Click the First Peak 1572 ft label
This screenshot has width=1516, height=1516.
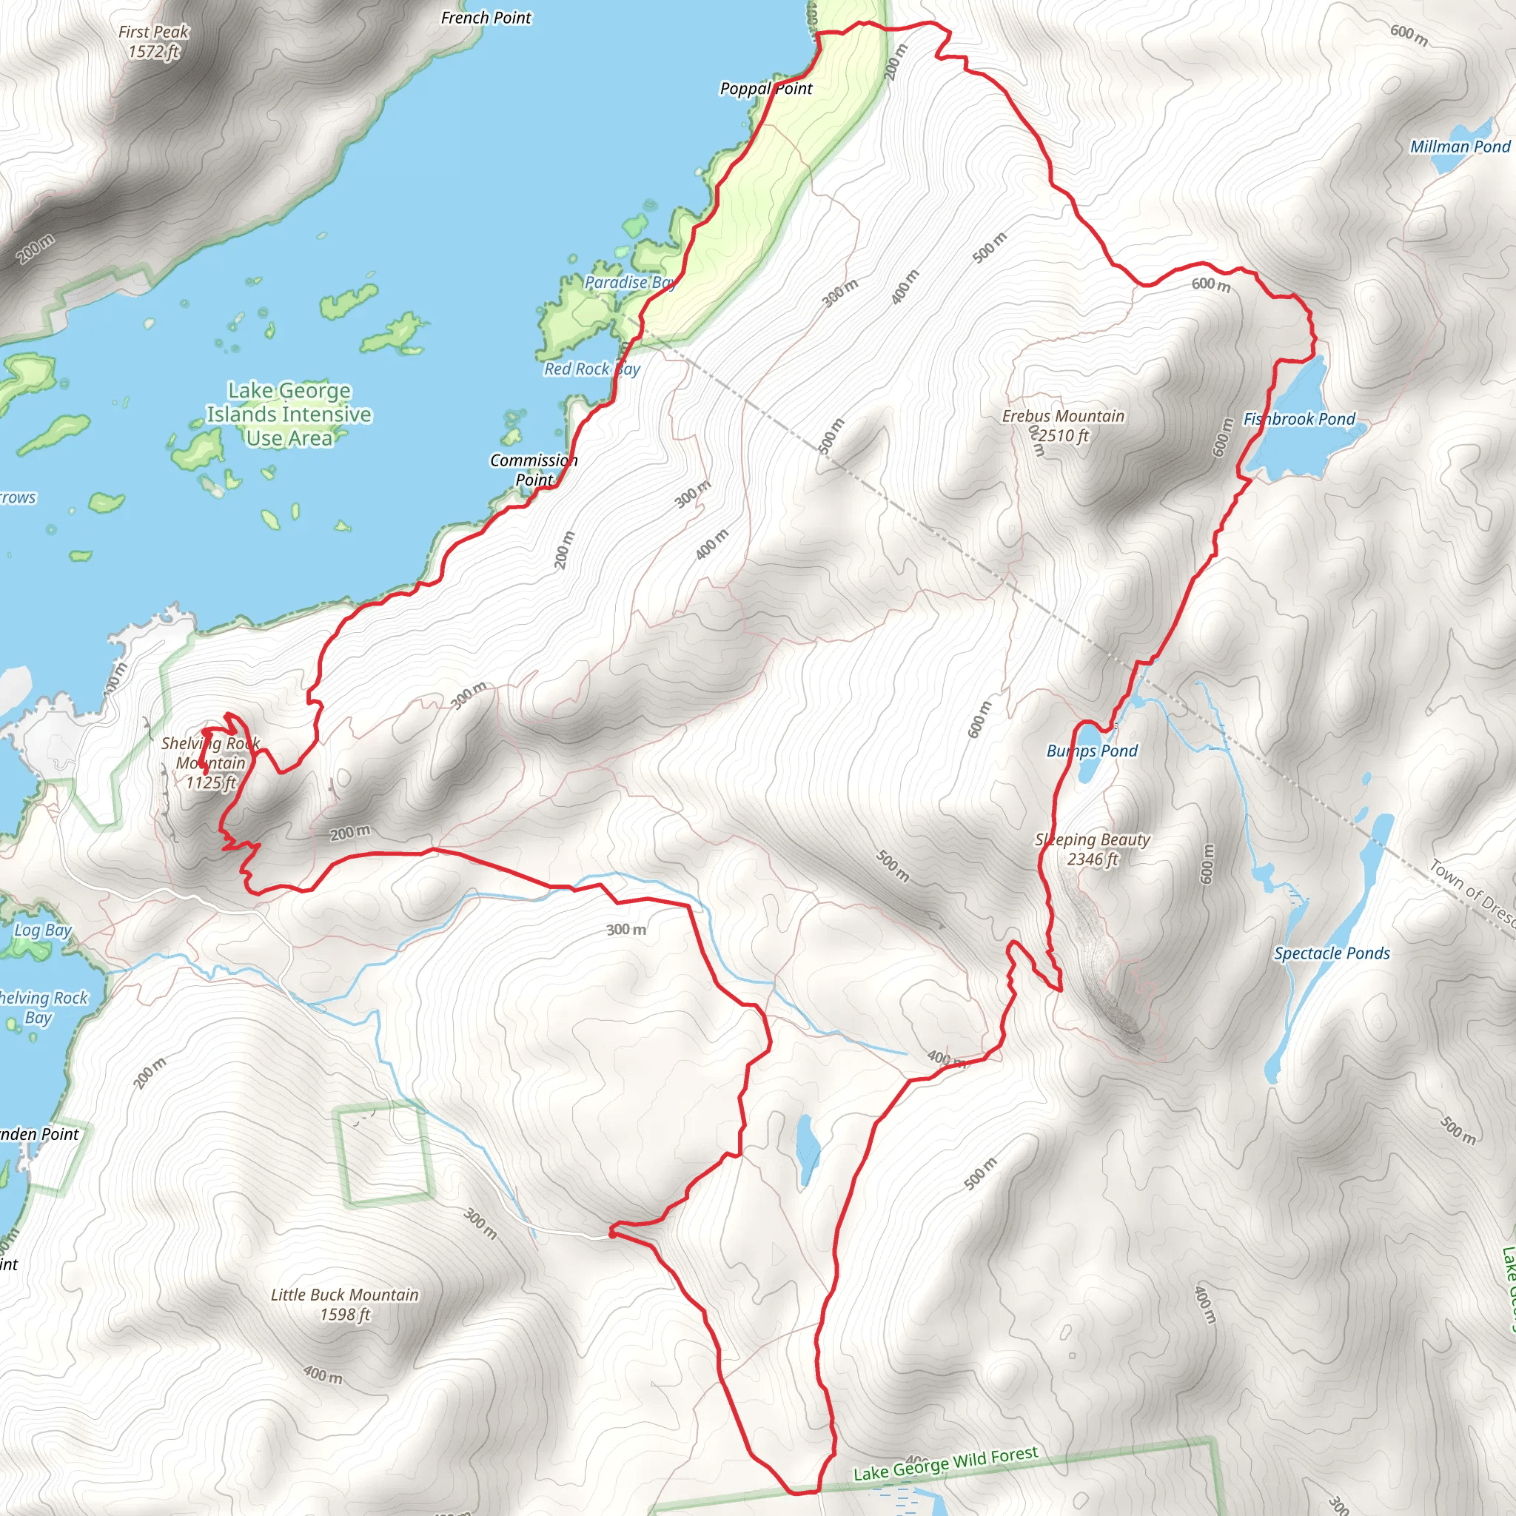(153, 41)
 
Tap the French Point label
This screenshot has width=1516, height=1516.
(486, 17)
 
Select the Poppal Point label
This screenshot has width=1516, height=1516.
(766, 89)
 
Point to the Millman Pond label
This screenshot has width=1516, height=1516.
(1460, 147)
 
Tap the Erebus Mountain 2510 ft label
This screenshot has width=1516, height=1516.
(1062, 426)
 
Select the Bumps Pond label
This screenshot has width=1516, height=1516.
(1092, 751)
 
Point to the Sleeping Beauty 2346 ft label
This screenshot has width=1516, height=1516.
(1093, 849)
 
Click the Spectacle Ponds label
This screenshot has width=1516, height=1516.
(1332, 953)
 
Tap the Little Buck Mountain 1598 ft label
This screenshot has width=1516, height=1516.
(344, 1304)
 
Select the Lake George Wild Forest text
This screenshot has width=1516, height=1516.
(945, 1463)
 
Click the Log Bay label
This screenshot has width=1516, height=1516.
(43, 930)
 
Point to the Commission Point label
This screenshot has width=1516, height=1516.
(534, 469)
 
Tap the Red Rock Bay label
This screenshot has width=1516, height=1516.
(592, 369)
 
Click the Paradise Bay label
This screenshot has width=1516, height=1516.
(629, 283)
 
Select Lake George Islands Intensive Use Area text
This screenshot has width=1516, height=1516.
(289, 414)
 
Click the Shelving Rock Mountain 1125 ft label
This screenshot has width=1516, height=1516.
(210, 762)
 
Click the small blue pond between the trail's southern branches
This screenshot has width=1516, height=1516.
(807, 1150)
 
